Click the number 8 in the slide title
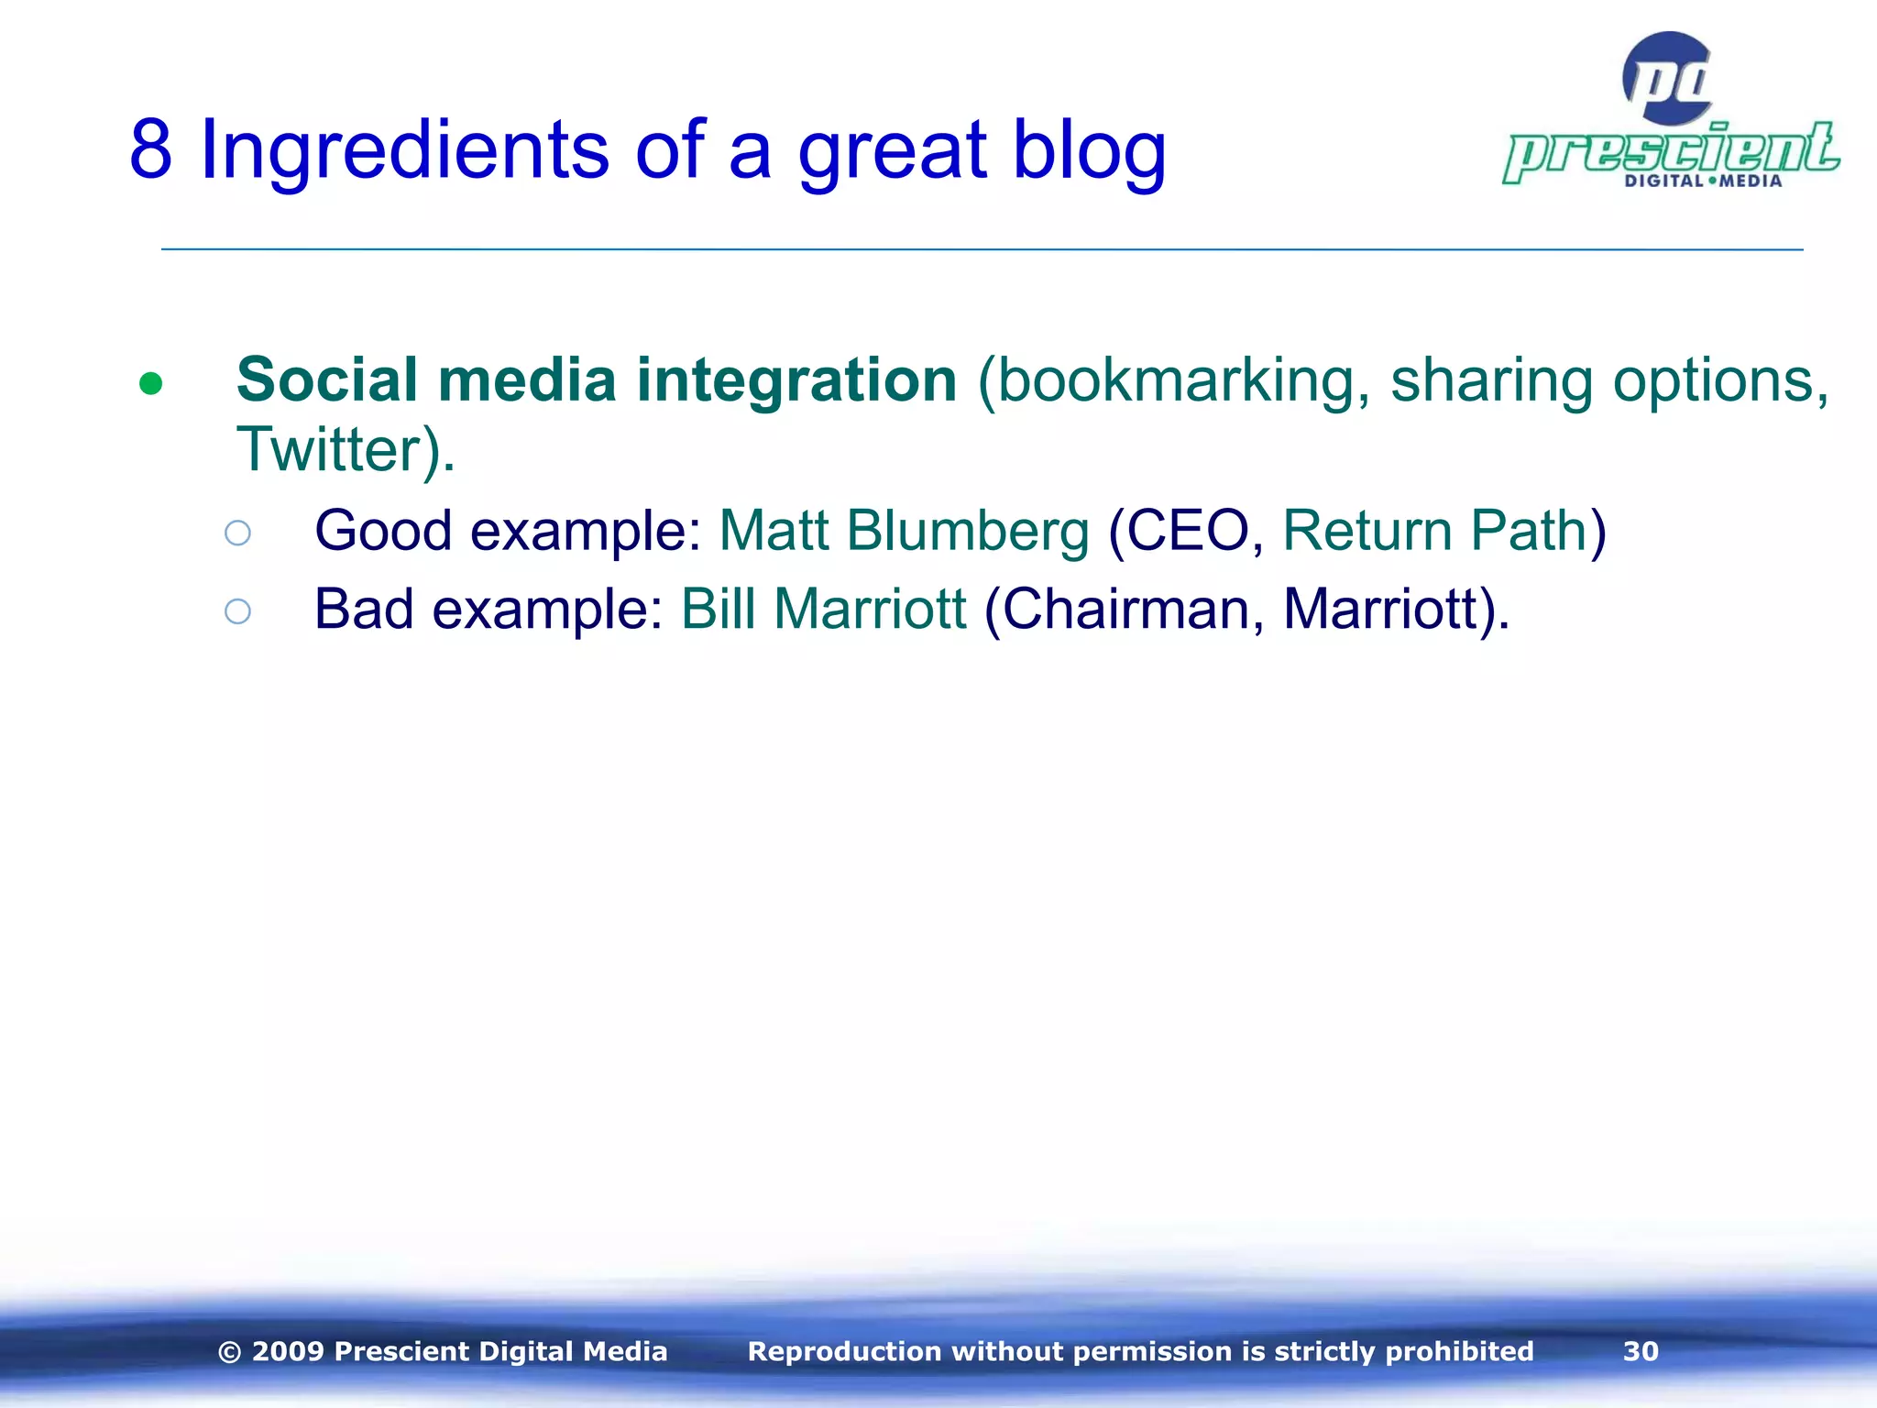click(151, 149)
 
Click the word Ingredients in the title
click(403, 149)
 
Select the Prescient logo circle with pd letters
click(1667, 79)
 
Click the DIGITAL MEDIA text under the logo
click(1703, 181)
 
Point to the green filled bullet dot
click(151, 383)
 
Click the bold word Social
click(327, 379)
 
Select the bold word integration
click(796, 381)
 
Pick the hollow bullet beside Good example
click(237, 533)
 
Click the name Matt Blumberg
click(904, 531)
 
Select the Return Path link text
click(1434, 531)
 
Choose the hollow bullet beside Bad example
click(237, 611)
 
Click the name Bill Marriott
click(823, 610)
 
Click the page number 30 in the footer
click(1641, 1351)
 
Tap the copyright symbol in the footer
click(230, 1352)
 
